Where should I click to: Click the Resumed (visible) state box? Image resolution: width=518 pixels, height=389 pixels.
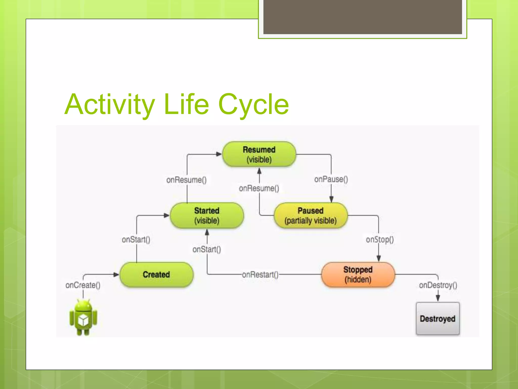[x=259, y=154]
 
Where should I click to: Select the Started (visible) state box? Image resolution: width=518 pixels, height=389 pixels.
[x=207, y=215]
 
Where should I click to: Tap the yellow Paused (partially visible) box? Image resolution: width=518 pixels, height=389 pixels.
[x=311, y=215]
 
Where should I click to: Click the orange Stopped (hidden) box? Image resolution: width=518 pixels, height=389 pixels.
[x=358, y=275]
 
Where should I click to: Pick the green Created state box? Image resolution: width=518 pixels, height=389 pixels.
[x=156, y=275]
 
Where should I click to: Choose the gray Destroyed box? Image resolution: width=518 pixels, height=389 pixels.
[x=438, y=319]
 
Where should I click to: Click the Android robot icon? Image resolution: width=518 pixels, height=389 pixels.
[x=83, y=318]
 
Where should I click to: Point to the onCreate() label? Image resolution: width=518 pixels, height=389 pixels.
[x=83, y=285]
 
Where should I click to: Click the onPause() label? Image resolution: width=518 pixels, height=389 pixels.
[x=331, y=179]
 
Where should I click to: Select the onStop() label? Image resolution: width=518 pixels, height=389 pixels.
[x=380, y=239]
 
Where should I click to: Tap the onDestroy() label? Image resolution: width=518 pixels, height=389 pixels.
[x=438, y=285]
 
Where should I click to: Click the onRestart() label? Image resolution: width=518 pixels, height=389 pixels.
[x=260, y=275]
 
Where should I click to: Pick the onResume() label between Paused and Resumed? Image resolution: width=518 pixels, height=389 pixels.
[x=259, y=188]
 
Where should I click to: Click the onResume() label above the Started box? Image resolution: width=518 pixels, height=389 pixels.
[x=186, y=180]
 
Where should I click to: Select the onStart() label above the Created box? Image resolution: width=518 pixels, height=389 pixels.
[x=136, y=239]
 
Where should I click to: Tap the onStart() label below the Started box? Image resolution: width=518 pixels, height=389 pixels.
[x=207, y=249]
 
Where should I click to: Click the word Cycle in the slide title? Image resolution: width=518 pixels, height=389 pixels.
[x=253, y=104]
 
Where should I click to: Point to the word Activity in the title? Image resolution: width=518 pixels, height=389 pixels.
[x=110, y=104]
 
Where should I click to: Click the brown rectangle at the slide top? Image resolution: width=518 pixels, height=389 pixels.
[x=362, y=17]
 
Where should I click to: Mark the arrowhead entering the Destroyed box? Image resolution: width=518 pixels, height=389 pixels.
[x=438, y=298]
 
